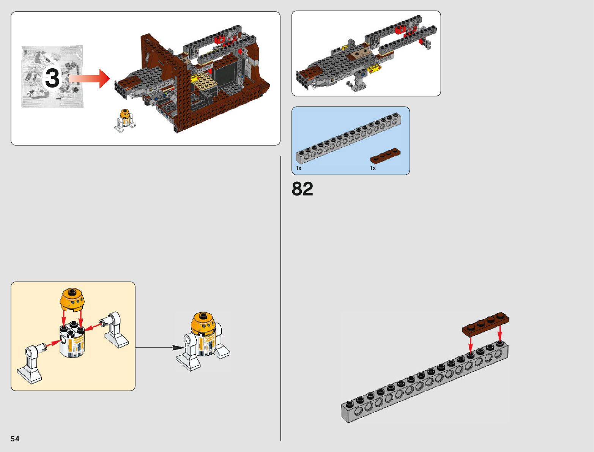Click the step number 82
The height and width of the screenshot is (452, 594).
coord(303,189)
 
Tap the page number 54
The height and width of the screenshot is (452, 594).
coord(15,439)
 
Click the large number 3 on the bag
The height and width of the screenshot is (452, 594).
coord(52,78)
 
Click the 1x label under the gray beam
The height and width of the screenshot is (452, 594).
coord(299,168)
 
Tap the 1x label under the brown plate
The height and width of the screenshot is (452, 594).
coord(373,168)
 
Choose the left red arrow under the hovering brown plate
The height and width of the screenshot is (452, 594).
coord(471,343)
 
